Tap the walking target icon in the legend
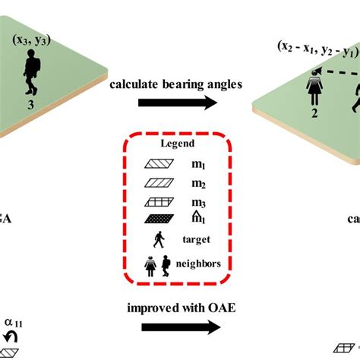click(158, 240)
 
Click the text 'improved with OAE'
click(175, 308)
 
